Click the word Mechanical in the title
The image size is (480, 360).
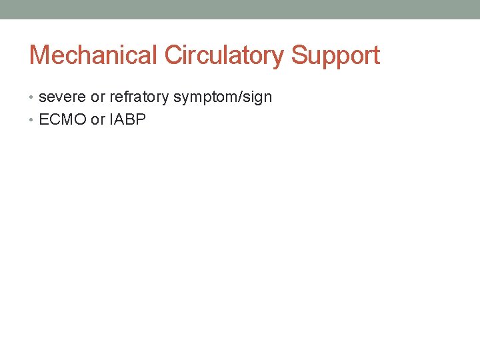coord(94,55)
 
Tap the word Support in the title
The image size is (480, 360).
coord(335,55)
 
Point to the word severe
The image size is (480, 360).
coord(63,97)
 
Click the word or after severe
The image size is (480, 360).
coord(98,97)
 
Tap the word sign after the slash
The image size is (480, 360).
coord(259,97)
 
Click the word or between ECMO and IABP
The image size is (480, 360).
coord(98,120)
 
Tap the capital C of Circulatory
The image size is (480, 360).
coord(173,55)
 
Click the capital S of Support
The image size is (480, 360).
coord(297,55)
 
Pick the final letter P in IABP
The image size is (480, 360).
coord(141,120)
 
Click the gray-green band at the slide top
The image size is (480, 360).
coord(240,9)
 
